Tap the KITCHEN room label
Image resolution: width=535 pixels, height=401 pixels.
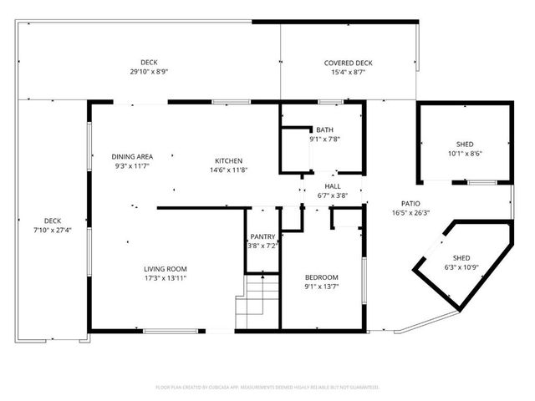228,160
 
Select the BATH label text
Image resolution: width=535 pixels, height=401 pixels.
324,129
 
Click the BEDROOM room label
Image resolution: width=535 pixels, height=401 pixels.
321,277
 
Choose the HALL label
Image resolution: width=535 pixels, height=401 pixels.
333,186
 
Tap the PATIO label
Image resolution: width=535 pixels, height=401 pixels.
410,203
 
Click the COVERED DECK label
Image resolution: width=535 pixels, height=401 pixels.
348,63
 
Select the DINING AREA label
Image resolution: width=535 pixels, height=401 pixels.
132,156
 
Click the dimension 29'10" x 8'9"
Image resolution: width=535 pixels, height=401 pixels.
149,72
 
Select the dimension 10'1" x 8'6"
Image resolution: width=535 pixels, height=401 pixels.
465,153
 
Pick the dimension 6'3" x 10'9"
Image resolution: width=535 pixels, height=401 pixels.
461,267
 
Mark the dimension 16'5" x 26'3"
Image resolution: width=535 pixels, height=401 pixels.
410,212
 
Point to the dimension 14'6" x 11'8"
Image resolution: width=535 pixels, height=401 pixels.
228,170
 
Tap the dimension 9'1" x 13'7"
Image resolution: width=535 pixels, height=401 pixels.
321,287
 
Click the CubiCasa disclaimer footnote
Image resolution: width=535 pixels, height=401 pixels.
267,388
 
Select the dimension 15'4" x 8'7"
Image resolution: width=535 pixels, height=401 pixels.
348,73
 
